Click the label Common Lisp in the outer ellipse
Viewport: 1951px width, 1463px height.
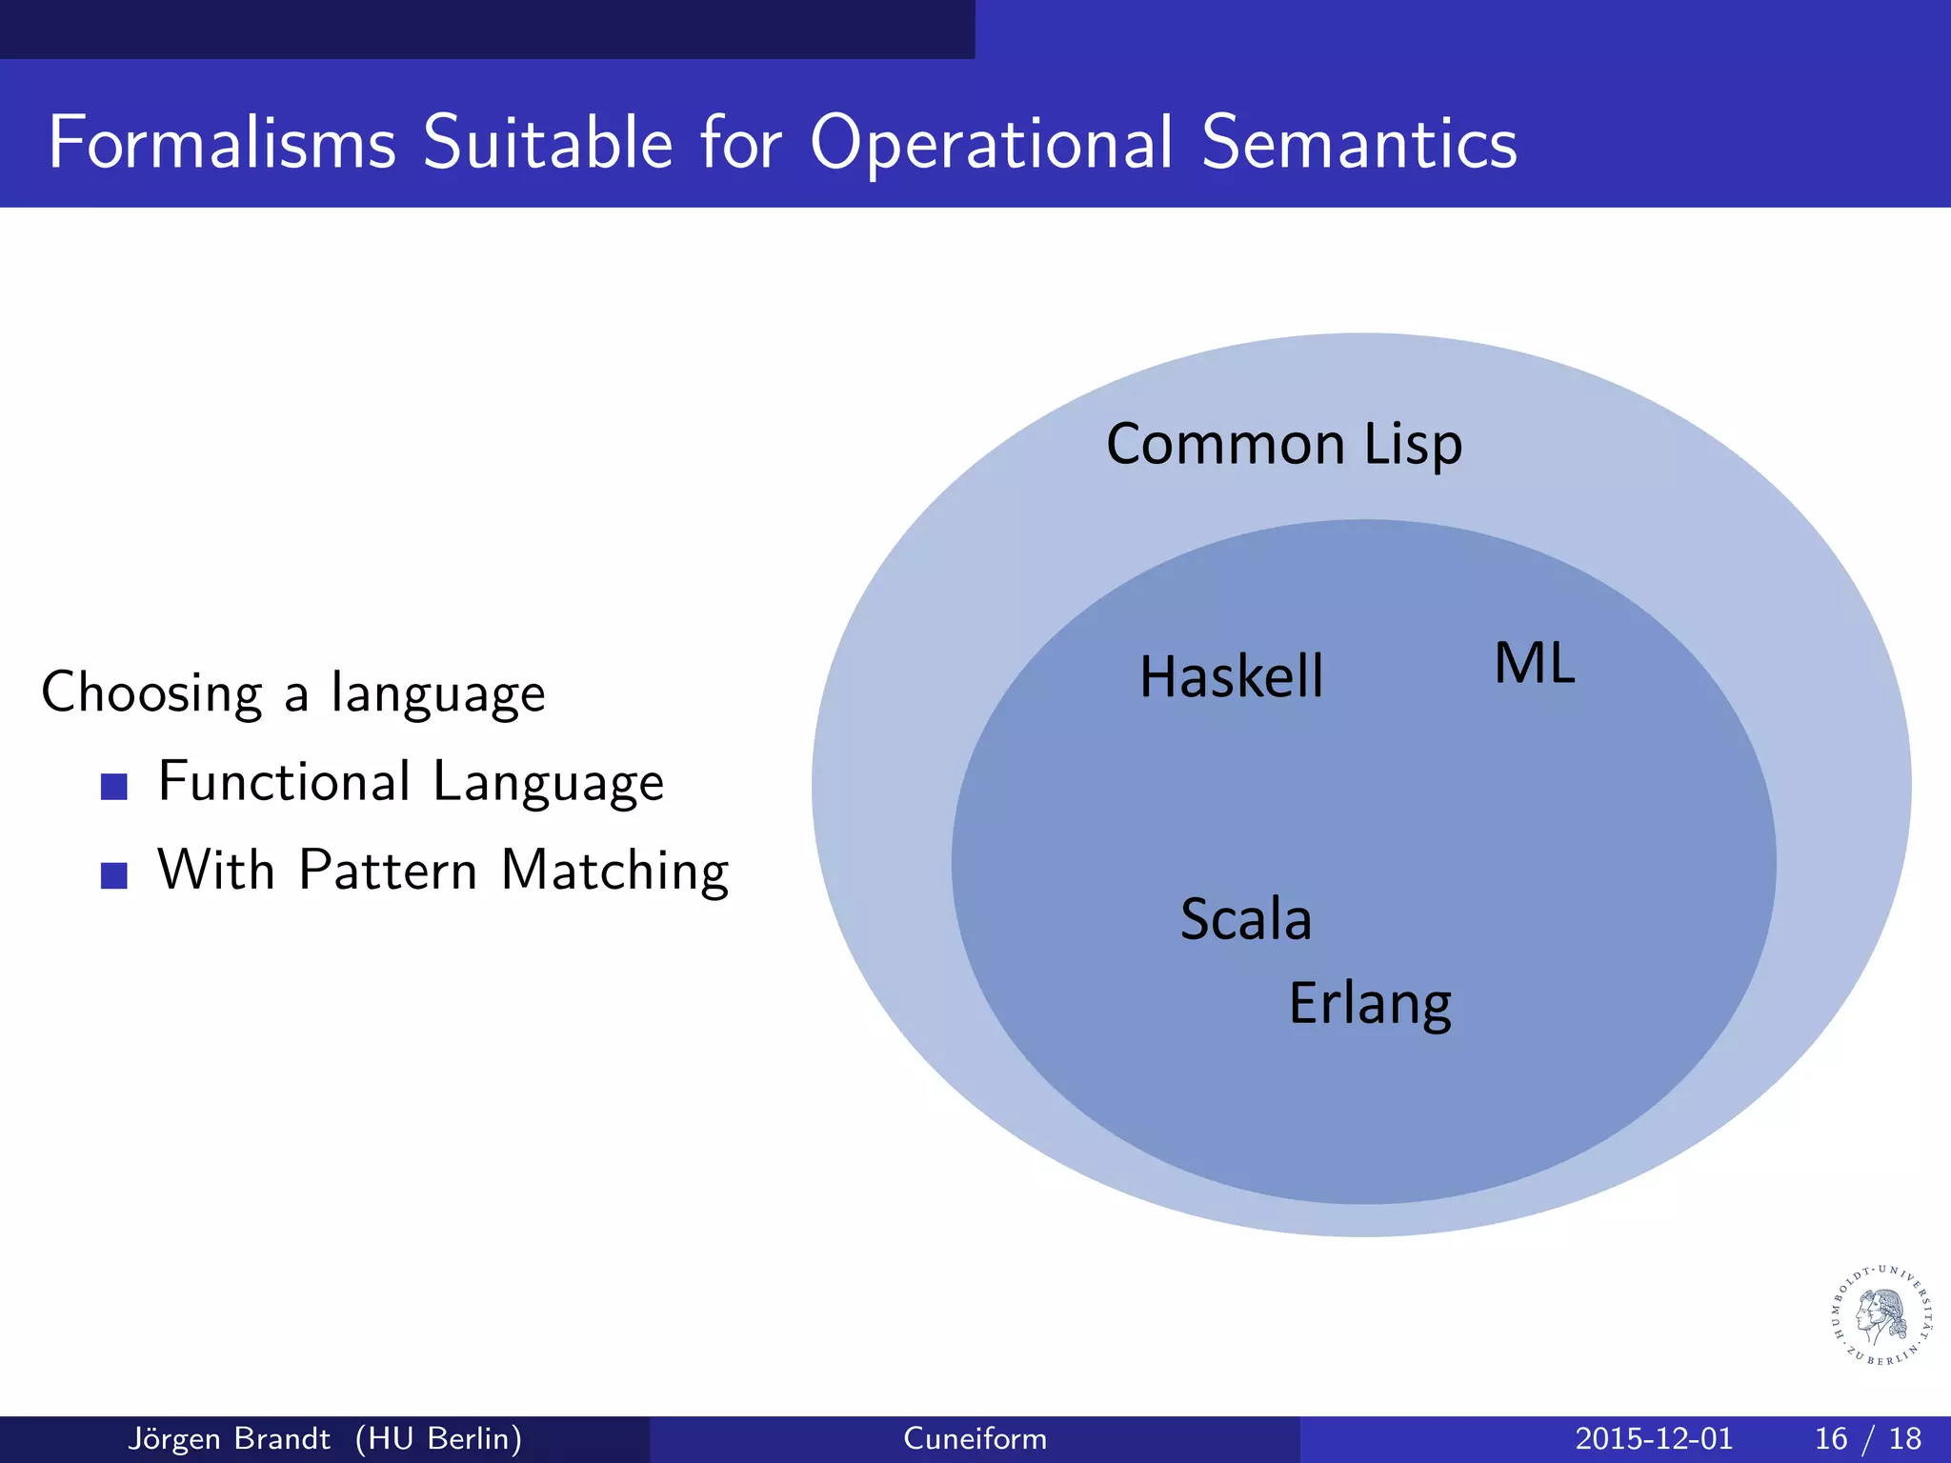point(1283,444)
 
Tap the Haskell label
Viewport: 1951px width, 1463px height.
point(1231,677)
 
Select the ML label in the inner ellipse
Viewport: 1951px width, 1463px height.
point(1534,664)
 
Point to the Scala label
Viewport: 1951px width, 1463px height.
point(1245,919)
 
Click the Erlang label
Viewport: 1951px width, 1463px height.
point(1369,1004)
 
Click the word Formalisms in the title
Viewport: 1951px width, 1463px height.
point(222,143)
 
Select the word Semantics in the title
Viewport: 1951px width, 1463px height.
point(1358,143)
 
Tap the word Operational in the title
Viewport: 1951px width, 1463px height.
point(992,143)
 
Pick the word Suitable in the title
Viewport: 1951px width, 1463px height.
point(548,143)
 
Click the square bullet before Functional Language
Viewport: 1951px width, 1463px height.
point(114,787)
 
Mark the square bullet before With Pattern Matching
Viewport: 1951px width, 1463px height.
point(114,875)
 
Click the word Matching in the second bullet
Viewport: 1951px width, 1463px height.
point(614,871)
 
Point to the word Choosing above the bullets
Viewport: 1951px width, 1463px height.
point(151,693)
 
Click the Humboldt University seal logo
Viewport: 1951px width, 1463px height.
point(1882,1315)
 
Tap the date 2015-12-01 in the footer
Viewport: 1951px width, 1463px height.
point(1654,1438)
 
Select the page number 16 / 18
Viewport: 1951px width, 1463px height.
point(1867,1438)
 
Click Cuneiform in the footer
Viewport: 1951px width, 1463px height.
point(975,1438)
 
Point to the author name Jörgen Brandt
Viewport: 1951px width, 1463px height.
point(229,1438)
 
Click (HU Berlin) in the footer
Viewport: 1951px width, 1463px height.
point(438,1438)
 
